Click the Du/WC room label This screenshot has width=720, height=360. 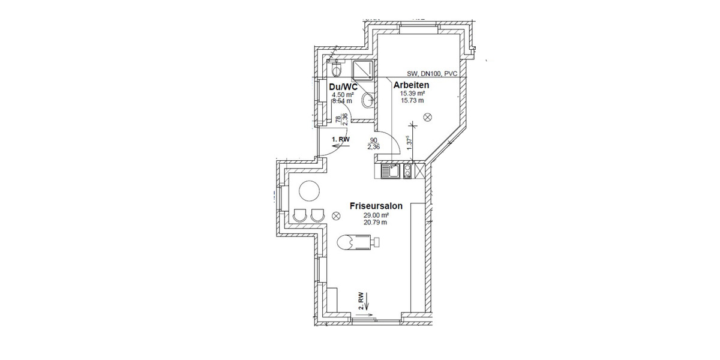[x=344, y=88]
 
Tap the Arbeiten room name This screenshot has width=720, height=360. [x=411, y=85]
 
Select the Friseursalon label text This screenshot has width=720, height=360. [x=376, y=206]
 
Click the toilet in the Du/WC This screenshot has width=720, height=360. [x=337, y=70]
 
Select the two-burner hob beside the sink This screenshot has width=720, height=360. [x=408, y=172]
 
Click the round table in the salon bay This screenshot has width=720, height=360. [x=310, y=192]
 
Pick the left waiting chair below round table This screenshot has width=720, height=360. [x=300, y=214]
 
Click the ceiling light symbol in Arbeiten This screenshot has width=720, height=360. [x=427, y=116]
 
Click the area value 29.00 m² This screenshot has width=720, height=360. [x=376, y=215]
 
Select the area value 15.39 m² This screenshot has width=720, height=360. [x=413, y=94]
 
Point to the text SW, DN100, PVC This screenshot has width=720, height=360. [x=432, y=74]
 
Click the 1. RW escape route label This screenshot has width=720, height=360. [x=341, y=139]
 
